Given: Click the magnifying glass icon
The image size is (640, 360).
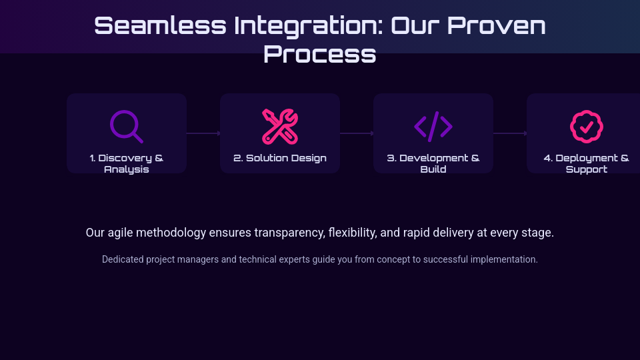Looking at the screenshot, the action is tap(126, 127).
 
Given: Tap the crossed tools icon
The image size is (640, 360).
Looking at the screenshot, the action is tap(280, 127).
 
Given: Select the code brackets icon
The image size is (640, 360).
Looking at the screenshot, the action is tap(433, 127).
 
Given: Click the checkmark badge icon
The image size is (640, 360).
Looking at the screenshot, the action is tap(587, 127).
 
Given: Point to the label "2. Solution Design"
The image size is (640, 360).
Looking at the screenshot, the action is tap(280, 158).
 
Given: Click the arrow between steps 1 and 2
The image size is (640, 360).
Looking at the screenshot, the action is tap(203, 133).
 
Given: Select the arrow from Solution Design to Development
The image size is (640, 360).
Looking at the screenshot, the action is tap(357, 133).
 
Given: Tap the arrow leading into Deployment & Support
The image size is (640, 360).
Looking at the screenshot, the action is tap(510, 133).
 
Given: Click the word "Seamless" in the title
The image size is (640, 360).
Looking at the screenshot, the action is tap(161, 25).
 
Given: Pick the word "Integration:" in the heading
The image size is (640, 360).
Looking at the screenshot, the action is tap(309, 27).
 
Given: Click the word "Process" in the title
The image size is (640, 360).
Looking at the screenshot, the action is tap(319, 54).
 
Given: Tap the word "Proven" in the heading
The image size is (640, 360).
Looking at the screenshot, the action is tap(496, 25).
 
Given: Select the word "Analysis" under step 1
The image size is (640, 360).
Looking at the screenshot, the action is tap(127, 169).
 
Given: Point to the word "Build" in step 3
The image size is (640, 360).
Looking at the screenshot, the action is tap(433, 169).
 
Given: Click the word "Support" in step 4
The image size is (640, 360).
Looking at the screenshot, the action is tap(587, 169).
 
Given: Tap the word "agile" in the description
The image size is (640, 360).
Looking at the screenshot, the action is tap(121, 233).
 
